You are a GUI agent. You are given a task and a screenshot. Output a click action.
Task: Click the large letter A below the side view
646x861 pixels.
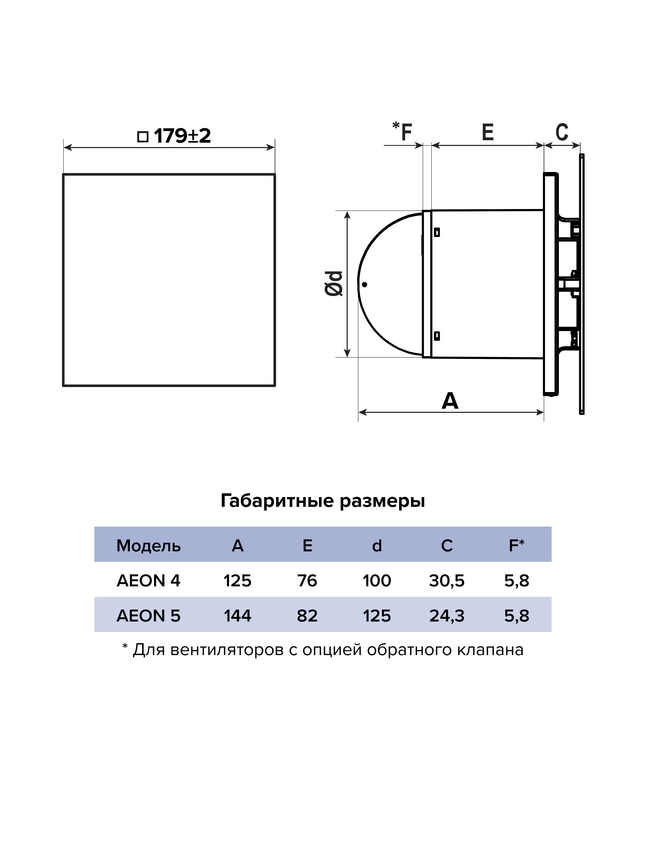point(450,401)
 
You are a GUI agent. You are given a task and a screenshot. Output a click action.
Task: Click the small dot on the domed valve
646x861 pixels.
point(364,285)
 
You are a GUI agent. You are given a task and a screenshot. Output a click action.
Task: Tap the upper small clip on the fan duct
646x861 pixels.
point(437,232)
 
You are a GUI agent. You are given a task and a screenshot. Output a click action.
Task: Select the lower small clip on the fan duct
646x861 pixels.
point(437,336)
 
